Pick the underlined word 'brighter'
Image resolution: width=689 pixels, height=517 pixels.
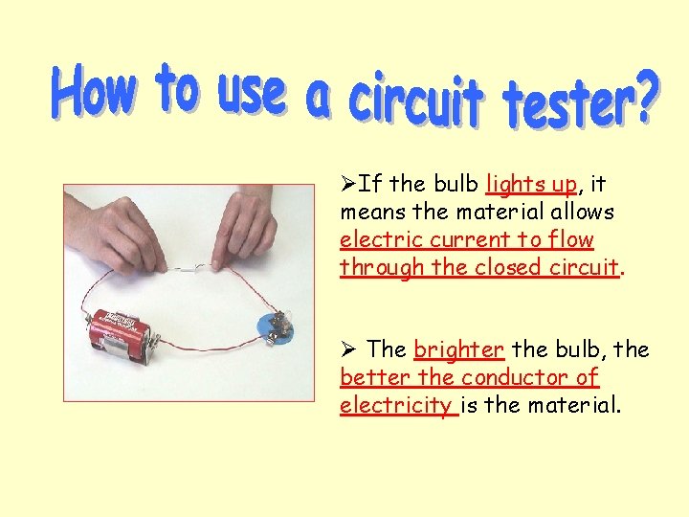458,350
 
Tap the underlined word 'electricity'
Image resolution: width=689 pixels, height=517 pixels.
396,405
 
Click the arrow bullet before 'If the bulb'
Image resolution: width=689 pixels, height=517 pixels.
348,183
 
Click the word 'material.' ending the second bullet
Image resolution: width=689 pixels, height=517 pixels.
573,405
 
